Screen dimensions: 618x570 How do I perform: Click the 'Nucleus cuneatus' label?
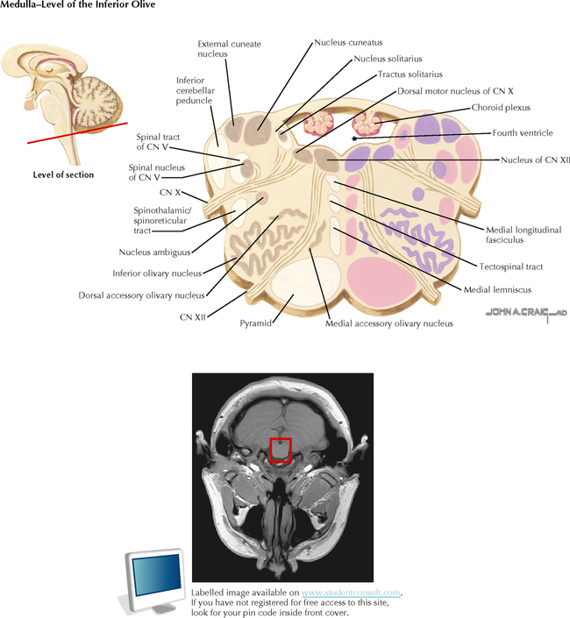click(348, 41)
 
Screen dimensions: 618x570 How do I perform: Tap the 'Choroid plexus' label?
click(501, 108)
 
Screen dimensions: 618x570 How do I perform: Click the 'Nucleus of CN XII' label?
click(535, 160)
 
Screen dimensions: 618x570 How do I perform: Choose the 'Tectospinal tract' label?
click(512, 266)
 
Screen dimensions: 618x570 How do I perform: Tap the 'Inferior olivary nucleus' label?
click(157, 273)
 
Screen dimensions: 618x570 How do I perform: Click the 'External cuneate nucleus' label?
click(229, 48)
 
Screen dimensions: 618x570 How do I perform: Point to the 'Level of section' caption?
click(63, 174)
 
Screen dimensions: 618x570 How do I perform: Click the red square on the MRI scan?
click(280, 450)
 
